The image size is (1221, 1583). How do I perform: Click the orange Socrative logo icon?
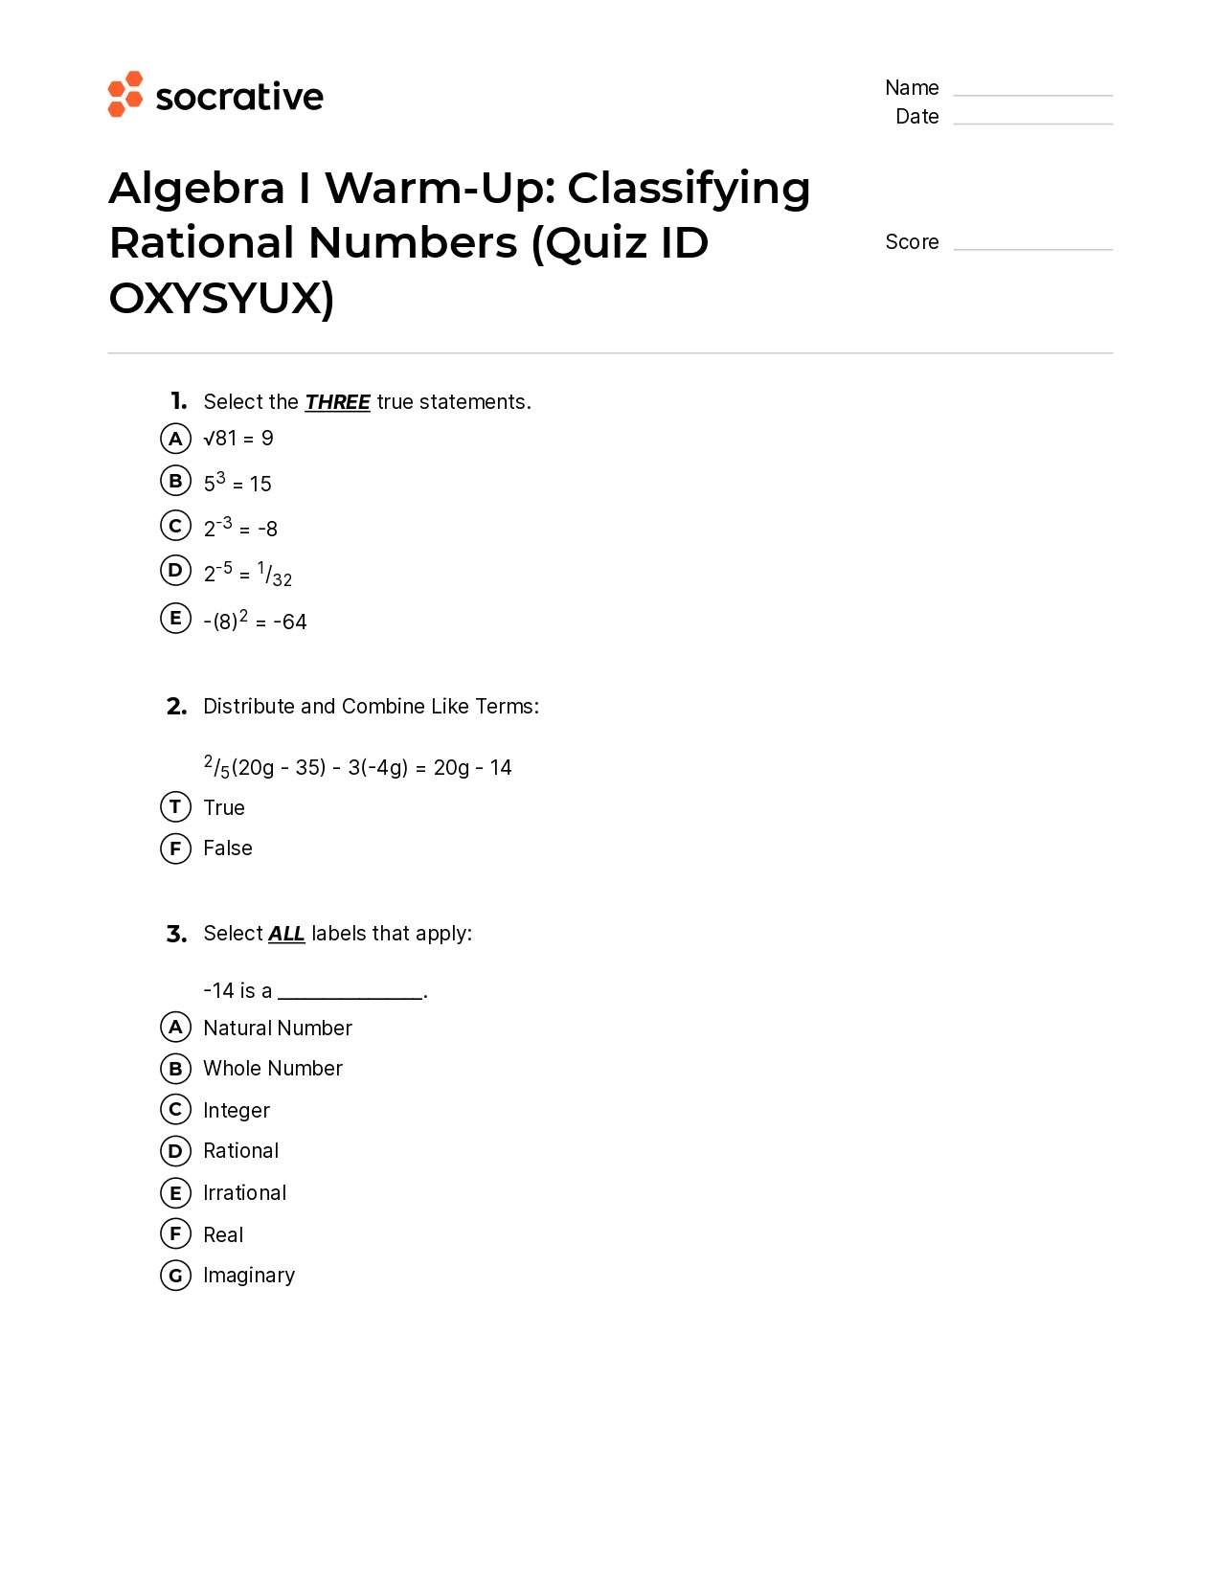click(x=125, y=94)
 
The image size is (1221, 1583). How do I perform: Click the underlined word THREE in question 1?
click(x=337, y=402)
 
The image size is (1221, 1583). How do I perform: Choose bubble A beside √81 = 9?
click(x=175, y=439)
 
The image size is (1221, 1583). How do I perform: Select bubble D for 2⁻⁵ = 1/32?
click(x=175, y=571)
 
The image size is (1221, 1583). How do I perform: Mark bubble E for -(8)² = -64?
click(x=175, y=619)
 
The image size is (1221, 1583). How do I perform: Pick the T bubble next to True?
click(x=175, y=807)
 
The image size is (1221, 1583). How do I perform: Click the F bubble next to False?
click(x=175, y=848)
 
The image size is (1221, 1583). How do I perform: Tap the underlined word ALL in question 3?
click(x=286, y=934)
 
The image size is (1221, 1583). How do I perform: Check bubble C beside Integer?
click(x=175, y=1110)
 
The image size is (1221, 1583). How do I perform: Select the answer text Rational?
click(x=241, y=1151)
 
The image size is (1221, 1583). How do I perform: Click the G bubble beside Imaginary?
click(x=175, y=1276)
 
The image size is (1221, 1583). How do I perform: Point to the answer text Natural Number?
click(x=278, y=1029)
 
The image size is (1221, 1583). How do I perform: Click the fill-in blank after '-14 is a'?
click(x=350, y=992)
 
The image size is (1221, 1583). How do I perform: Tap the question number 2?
click(x=176, y=707)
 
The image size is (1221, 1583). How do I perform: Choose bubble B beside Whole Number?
click(x=175, y=1069)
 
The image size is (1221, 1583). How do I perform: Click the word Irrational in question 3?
click(x=245, y=1193)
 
